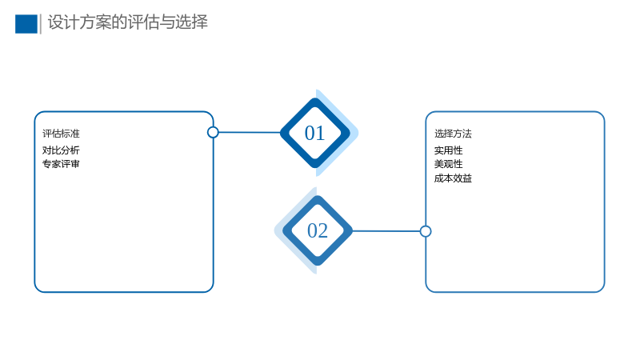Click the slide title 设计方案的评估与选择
tap(128, 22)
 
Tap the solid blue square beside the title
tap(26, 24)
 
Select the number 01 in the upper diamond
tap(314, 133)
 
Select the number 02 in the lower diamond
tap(318, 230)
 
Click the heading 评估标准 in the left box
tap(62, 134)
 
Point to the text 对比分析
tap(61, 150)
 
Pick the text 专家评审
tap(61, 164)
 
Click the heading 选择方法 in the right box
tap(453, 134)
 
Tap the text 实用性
tap(449, 150)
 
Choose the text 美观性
tap(449, 164)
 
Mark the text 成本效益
tap(453, 178)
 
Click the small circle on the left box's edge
tap(213, 132)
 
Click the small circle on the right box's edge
tap(426, 231)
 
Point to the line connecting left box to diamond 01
tap(250, 132)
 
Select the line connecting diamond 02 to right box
tap(386, 231)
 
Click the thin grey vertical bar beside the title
tap(41, 24)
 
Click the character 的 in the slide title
tap(119, 22)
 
